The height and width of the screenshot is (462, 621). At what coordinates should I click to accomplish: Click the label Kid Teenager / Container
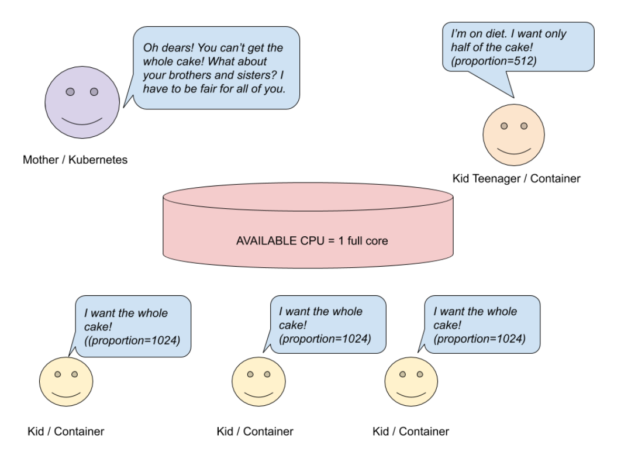tap(516, 178)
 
